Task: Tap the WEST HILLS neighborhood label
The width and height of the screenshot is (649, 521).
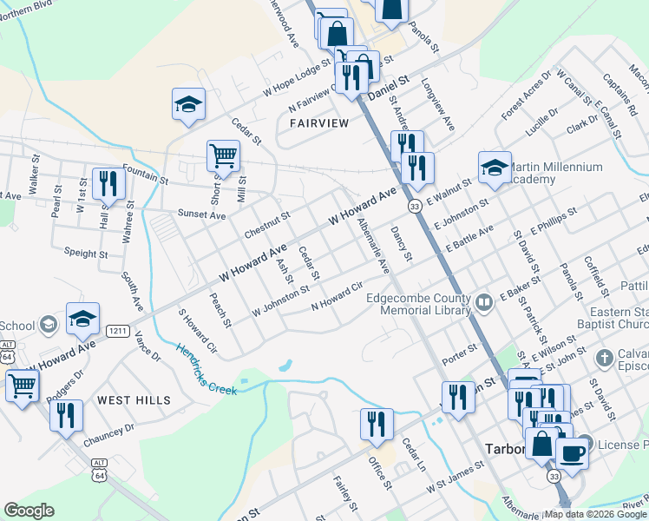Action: click(134, 400)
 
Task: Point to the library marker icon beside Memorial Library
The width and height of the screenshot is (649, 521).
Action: click(484, 303)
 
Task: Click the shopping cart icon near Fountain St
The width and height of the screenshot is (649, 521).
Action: click(223, 156)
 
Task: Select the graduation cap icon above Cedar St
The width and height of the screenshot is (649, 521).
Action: click(188, 105)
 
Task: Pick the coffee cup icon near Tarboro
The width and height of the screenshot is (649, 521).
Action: click(571, 452)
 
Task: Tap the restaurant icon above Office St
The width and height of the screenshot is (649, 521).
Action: click(377, 424)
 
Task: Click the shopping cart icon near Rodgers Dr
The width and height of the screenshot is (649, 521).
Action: click(22, 386)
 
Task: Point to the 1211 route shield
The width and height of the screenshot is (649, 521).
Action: click(117, 331)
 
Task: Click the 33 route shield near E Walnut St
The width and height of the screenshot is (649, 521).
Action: click(416, 205)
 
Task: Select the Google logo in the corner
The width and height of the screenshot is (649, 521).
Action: click(29, 511)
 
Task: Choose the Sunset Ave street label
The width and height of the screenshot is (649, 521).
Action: click(201, 214)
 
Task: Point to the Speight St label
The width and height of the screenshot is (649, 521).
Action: click(86, 254)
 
